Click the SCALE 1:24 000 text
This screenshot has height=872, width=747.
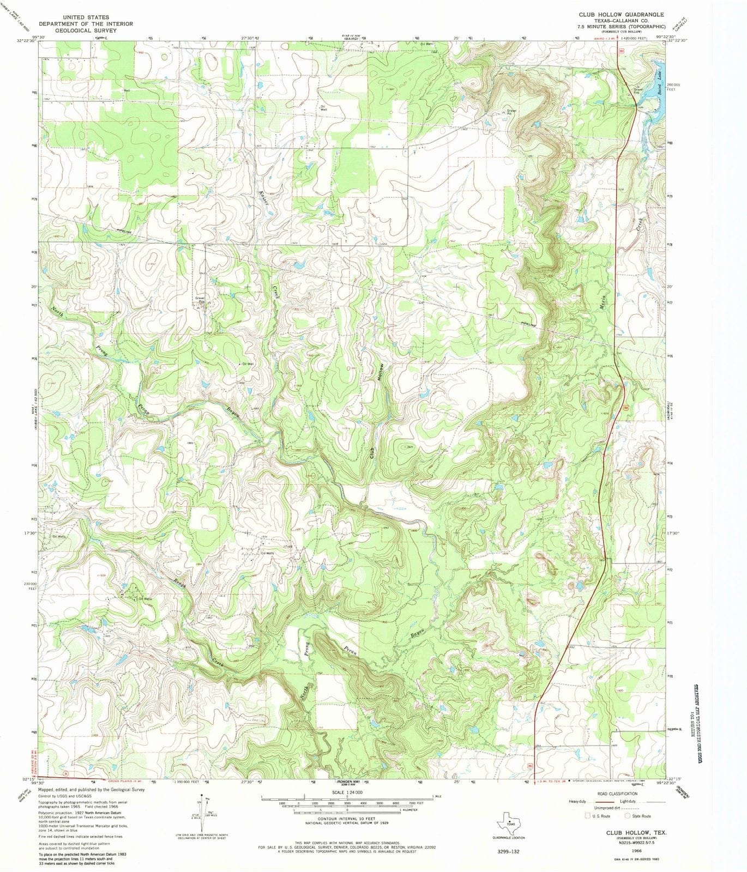coord(347,792)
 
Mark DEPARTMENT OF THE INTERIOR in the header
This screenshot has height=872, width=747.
coord(86,24)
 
